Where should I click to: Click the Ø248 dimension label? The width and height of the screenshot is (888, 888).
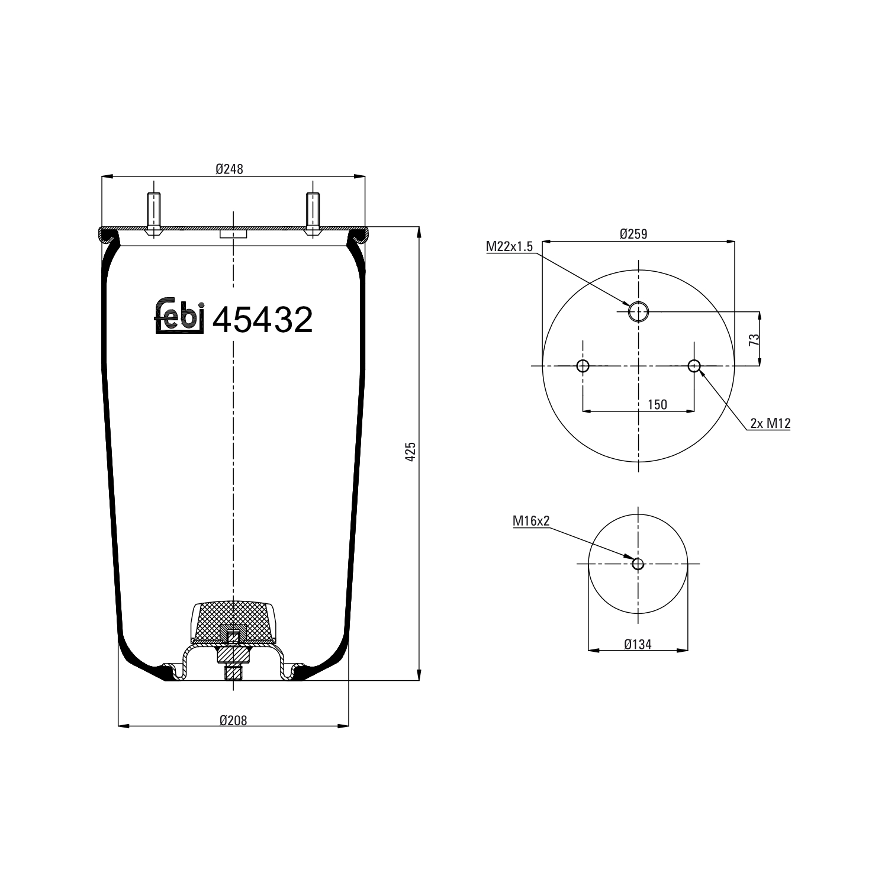pos(230,169)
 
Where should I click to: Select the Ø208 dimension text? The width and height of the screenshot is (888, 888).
pos(233,720)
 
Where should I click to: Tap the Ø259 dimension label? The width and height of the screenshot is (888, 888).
pos(633,234)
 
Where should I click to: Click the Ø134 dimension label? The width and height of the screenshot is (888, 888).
pos(638,644)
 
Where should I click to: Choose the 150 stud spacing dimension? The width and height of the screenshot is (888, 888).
pos(657,404)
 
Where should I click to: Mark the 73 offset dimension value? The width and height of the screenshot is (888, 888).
pos(754,340)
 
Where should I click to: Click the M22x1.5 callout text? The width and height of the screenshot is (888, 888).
pos(510,246)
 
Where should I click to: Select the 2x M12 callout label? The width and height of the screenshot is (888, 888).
pos(770,423)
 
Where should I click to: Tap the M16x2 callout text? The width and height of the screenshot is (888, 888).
pos(531,521)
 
